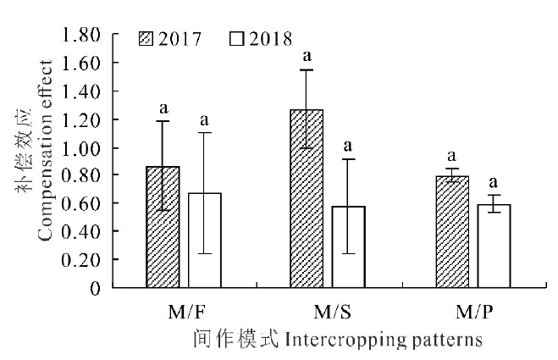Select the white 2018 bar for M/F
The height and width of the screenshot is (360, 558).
tap(204, 241)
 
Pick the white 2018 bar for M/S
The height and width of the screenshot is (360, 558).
tap(349, 246)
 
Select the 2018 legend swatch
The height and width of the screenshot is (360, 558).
tap(235, 39)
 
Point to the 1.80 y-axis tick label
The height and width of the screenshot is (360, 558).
tap(83, 36)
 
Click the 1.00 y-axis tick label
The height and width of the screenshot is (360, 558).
tap(83, 148)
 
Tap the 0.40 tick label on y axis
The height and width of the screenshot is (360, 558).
tap(83, 232)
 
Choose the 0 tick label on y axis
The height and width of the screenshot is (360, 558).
tap(96, 289)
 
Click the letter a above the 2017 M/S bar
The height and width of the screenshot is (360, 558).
tap(307, 57)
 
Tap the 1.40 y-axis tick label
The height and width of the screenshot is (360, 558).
tap(83, 91)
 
